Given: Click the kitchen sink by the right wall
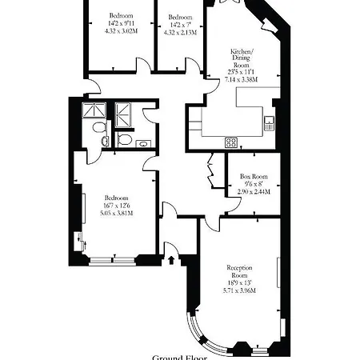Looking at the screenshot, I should [x=270, y=122].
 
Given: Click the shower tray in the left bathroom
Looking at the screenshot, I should [x=94, y=111].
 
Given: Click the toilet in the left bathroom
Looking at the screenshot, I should [x=97, y=128].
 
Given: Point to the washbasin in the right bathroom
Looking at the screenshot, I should [x=142, y=143].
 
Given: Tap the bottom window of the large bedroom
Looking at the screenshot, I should [x=113, y=259].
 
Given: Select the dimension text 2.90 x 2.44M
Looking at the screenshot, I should [x=254, y=192].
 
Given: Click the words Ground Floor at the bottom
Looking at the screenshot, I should [x=179, y=357].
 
